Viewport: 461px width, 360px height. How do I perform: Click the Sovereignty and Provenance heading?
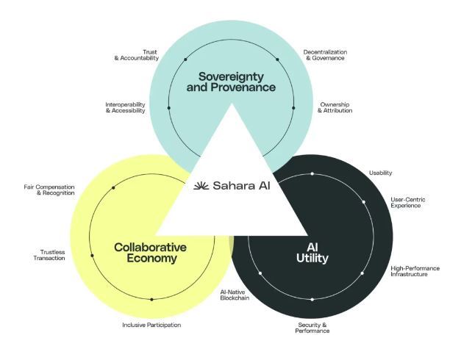click(x=231, y=82)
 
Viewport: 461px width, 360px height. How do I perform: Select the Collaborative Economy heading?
click(x=150, y=253)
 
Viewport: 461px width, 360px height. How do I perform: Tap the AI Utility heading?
click(x=312, y=253)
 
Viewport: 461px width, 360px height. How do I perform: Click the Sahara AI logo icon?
click(x=201, y=186)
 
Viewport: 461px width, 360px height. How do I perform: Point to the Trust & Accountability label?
click(x=137, y=55)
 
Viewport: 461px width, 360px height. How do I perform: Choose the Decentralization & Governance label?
click(x=325, y=55)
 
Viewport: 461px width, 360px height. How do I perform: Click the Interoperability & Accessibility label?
click(x=125, y=107)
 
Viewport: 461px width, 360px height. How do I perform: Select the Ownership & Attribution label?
click(x=335, y=107)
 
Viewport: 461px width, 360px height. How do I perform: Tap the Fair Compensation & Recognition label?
click(x=49, y=190)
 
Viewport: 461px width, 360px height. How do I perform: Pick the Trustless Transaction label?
click(x=49, y=255)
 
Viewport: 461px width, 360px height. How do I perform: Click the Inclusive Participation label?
click(x=151, y=325)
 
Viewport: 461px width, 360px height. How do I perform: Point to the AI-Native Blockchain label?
click(x=235, y=295)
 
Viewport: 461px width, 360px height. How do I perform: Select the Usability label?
click(x=380, y=173)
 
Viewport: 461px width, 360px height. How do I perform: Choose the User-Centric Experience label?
click(x=408, y=203)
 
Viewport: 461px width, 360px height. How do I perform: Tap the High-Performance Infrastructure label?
click(x=415, y=271)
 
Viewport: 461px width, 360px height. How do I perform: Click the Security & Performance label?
click(x=312, y=328)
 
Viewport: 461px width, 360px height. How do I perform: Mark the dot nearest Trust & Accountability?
click(x=185, y=60)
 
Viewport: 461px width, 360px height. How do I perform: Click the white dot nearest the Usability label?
click(x=312, y=173)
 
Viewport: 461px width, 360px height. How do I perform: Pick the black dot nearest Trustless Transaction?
click(x=92, y=256)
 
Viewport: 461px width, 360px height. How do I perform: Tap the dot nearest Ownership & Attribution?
click(x=293, y=108)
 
